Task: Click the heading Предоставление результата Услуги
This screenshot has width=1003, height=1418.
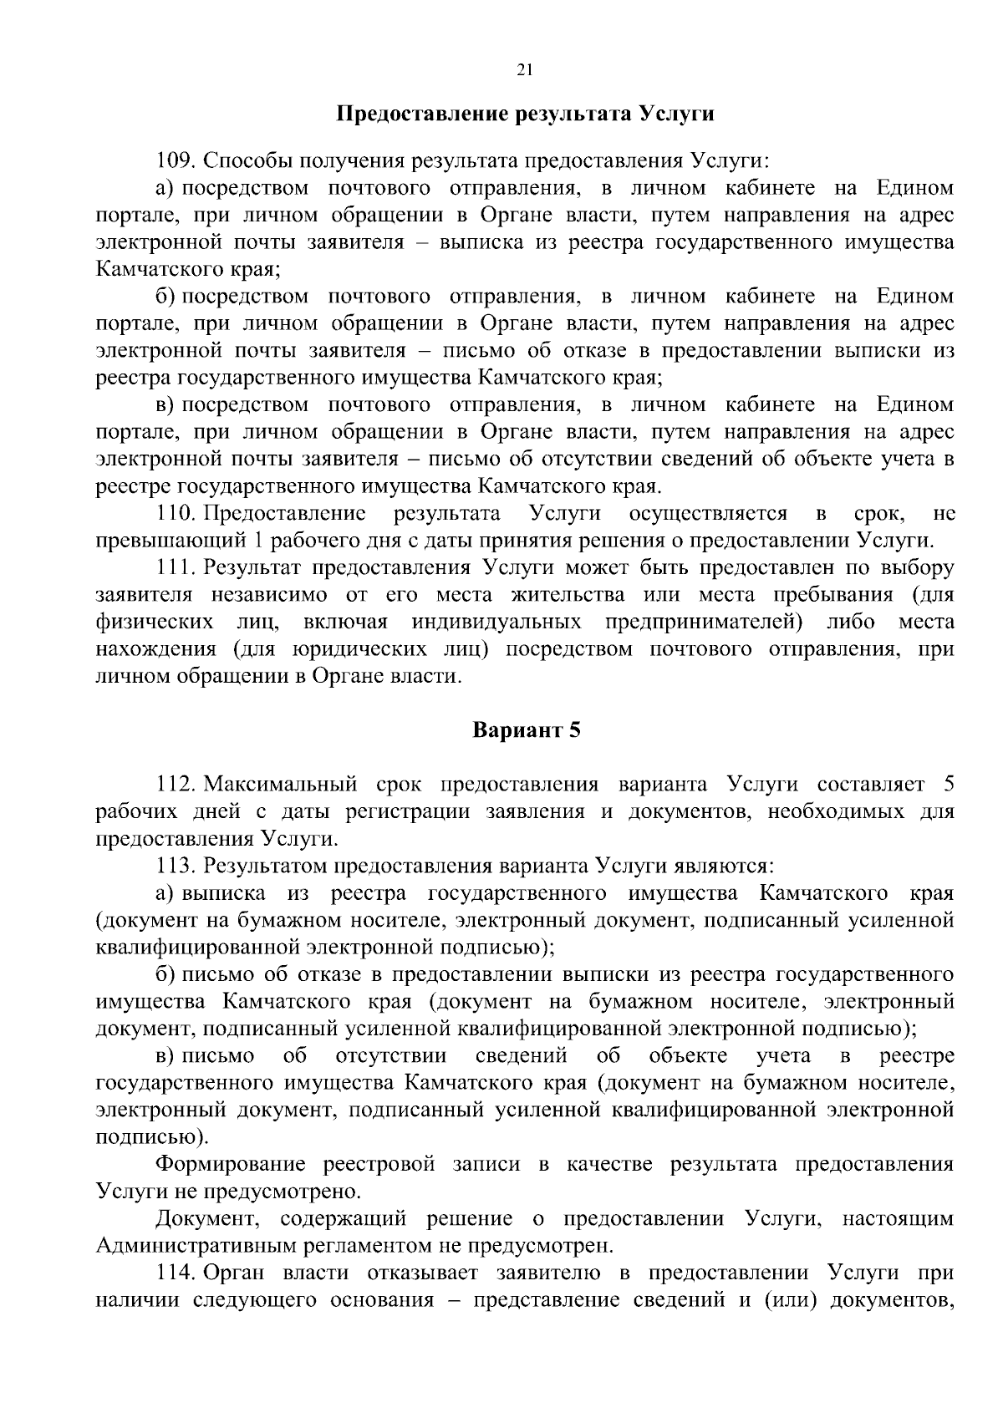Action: pos(525,114)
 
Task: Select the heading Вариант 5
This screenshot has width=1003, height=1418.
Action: pos(526,729)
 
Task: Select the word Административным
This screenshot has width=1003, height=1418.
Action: pos(196,1246)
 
